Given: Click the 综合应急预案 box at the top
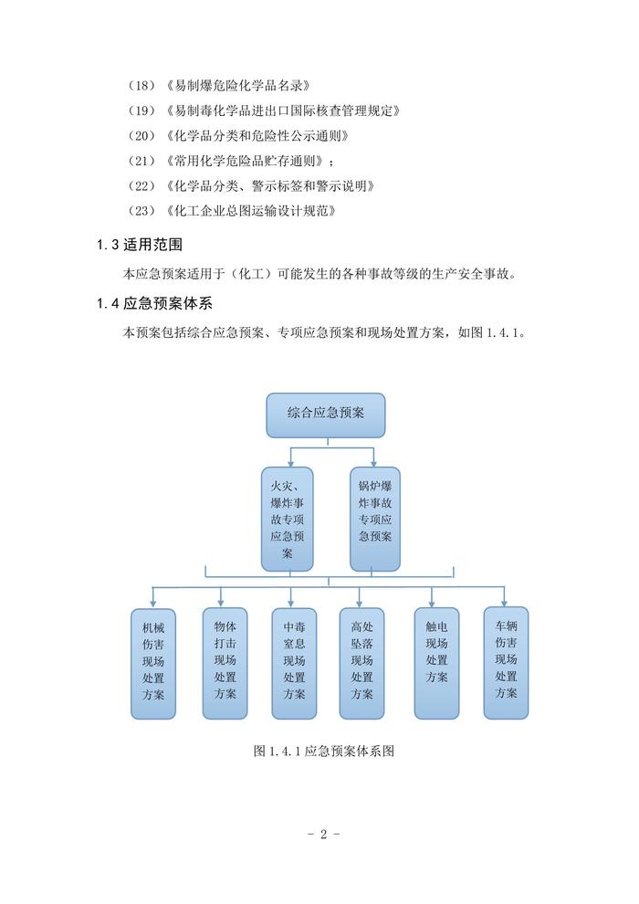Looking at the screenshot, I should pyautogui.click(x=325, y=415).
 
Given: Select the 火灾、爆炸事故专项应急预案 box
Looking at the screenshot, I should pyautogui.click(x=287, y=517).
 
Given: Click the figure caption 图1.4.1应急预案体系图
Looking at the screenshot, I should pyautogui.click(x=324, y=752).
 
